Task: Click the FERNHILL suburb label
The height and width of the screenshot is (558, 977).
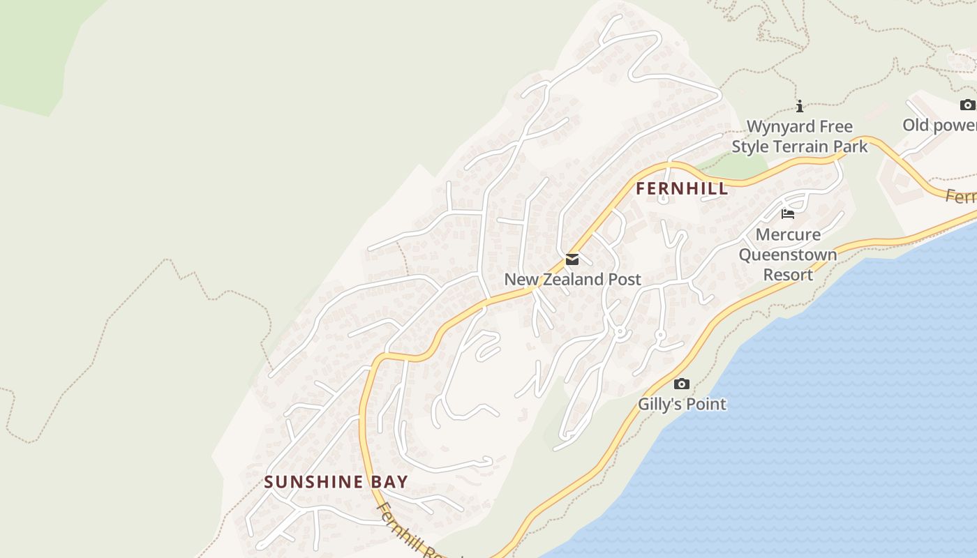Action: click(x=682, y=188)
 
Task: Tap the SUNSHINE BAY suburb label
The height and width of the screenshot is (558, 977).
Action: click(x=336, y=482)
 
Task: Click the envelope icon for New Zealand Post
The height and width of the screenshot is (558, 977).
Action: click(x=572, y=260)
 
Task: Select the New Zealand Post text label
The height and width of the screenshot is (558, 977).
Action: click(x=572, y=280)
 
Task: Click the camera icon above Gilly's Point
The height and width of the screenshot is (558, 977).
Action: click(x=682, y=384)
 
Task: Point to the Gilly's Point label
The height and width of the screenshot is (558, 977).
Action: click(x=682, y=404)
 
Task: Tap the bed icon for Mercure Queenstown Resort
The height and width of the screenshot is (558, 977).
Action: click(x=788, y=214)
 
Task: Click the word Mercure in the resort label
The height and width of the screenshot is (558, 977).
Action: click(x=788, y=234)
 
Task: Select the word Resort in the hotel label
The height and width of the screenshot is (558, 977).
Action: click(x=788, y=274)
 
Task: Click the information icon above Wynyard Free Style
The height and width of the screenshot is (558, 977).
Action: click(x=800, y=107)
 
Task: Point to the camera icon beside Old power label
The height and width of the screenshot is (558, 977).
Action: click(x=967, y=105)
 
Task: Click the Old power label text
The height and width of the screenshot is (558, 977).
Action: click(x=939, y=126)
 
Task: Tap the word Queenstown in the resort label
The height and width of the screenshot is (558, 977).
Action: click(x=788, y=254)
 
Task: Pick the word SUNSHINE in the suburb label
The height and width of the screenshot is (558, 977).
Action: click(x=313, y=482)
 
